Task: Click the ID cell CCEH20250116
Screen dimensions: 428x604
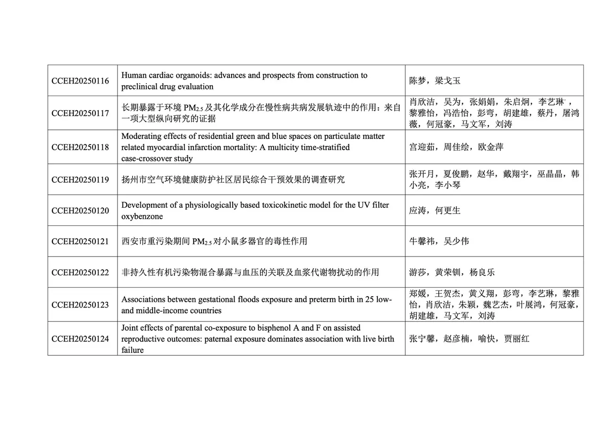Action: [x=80, y=81]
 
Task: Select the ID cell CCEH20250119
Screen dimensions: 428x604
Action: [x=80, y=180]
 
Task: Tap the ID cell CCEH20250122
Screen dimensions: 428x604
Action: [x=80, y=272]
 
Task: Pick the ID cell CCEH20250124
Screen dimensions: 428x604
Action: [x=80, y=339]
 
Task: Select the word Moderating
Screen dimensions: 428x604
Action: [x=141, y=136]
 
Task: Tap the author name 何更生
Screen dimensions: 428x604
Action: [x=448, y=210]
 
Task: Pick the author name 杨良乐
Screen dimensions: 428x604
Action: [x=482, y=272]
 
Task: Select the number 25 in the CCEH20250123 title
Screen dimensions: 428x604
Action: [x=364, y=299]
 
